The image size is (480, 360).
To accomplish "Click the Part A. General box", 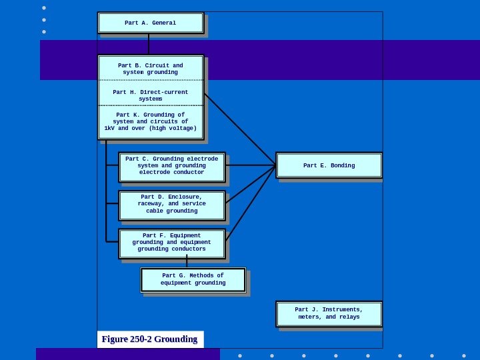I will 151,23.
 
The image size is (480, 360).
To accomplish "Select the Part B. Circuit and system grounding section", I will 151,69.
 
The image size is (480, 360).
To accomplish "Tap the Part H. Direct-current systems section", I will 151,95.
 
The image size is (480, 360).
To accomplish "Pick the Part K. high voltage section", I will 151,121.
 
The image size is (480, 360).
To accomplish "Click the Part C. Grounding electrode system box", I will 172,166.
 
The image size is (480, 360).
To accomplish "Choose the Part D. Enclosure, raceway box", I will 172,205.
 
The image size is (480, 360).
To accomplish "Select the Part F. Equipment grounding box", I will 172,243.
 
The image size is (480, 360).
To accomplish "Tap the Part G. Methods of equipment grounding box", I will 193,279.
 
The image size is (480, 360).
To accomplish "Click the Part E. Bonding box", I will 329,165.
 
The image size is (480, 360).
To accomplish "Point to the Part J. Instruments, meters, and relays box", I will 329,313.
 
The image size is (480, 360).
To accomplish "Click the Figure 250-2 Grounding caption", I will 149,339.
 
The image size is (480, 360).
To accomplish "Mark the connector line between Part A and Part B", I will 149,44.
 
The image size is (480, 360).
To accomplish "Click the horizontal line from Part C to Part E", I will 250,165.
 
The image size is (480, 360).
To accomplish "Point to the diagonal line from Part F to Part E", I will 250,203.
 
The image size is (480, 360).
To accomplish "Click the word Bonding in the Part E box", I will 342,165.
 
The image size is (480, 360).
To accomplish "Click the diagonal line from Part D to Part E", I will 250,184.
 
